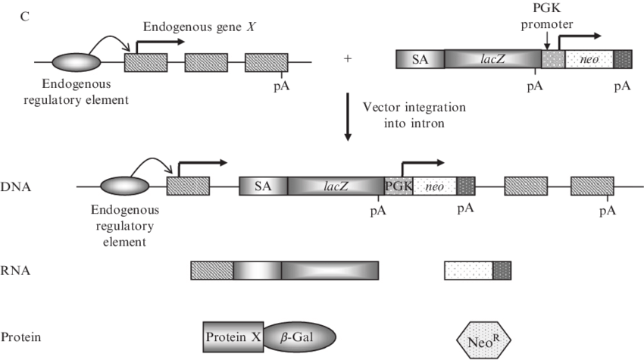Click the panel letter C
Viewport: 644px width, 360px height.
[24, 16]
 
